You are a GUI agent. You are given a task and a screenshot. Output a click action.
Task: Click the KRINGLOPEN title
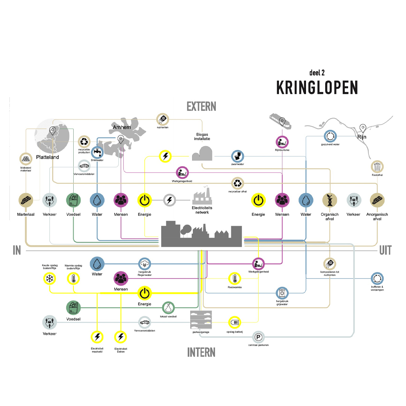[x=317, y=88]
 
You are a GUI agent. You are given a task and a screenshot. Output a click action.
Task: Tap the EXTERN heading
[x=201, y=106]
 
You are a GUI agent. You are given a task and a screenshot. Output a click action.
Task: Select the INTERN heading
[x=201, y=352]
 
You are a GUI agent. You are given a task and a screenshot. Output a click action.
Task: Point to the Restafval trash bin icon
[x=377, y=167]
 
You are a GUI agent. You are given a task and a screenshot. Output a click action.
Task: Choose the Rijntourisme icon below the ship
[x=282, y=142]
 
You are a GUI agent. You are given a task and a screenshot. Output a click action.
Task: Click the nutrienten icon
[x=162, y=119]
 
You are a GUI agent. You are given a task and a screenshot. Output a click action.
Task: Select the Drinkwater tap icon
[x=97, y=152]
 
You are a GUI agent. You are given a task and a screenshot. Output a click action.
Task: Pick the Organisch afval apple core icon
[x=330, y=200]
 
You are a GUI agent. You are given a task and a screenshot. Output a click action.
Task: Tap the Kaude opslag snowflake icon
[x=49, y=279]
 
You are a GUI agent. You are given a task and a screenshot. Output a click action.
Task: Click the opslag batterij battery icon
[x=234, y=322]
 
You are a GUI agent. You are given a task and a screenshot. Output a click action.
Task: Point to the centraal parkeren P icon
[x=258, y=337]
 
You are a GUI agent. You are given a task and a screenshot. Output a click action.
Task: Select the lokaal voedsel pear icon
[x=168, y=308]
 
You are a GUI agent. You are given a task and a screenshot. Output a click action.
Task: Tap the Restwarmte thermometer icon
[x=234, y=279]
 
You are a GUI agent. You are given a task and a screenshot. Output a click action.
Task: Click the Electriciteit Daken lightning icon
[x=120, y=337]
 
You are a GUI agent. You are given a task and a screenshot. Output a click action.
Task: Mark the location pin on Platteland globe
[x=53, y=131]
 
